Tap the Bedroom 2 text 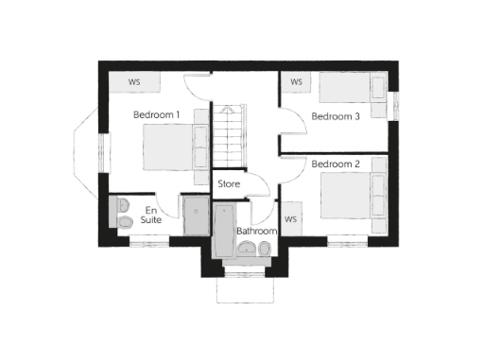click(337, 164)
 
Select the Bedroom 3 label click(337, 117)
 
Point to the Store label click(230, 183)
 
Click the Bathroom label click(256, 231)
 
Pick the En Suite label click(150, 215)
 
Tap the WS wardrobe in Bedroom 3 click(296, 82)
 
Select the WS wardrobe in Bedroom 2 click(290, 219)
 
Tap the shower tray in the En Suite click(197, 216)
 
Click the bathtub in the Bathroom click(223, 231)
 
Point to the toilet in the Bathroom click(265, 249)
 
